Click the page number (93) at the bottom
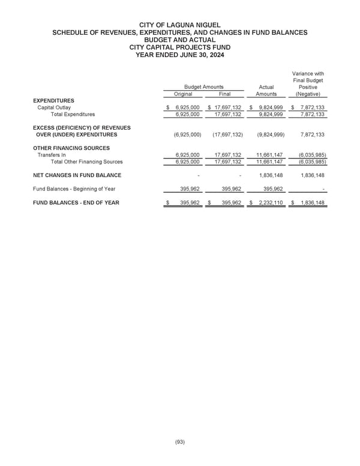point(180,442)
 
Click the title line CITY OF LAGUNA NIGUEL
point(180,24)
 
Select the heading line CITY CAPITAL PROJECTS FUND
point(180,46)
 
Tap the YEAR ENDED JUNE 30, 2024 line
point(180,54)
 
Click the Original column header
point(183,94)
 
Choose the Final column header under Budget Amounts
point(224,94)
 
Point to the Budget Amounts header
point(203,86)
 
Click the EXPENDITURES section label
point(54,100)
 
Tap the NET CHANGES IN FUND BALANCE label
point(77,175)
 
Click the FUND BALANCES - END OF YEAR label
point(76,203)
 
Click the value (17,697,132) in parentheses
point(227,135)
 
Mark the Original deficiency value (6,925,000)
point(185,135)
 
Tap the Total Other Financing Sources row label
point(86,162)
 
